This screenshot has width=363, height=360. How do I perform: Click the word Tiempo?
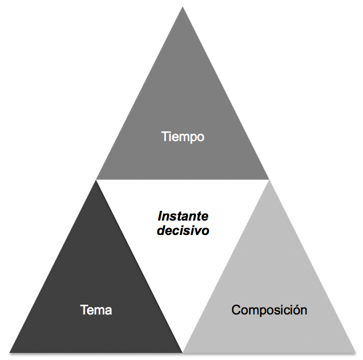(x=183, y=137)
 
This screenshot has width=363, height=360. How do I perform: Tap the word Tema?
(x=96, y=310)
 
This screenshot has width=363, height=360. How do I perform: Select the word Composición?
(x=269, y=310)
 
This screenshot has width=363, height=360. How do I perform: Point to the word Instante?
(x=183, y=217)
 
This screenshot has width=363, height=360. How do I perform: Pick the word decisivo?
(x=183, y=230)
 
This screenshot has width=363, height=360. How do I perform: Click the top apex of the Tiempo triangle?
(x=183, y=7)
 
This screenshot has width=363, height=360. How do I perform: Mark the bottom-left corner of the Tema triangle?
(x=9, y=353)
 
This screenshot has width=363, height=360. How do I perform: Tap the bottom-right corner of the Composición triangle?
(x=356, y=353)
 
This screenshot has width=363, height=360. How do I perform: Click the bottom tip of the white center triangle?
(x=183, y=353)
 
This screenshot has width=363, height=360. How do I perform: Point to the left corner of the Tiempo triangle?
(x=96, y=179)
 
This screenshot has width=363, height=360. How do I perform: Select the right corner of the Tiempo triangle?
(x=269, y=179)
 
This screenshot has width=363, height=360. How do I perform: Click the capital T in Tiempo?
(x=165, y=136)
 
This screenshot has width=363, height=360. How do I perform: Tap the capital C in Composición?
(x=236, y=310)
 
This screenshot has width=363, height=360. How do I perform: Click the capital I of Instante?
(x=160, y=217)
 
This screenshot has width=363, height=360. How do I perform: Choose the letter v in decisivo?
(x=198, y=232)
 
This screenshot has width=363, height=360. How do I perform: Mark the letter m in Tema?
(x=99, y=311)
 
